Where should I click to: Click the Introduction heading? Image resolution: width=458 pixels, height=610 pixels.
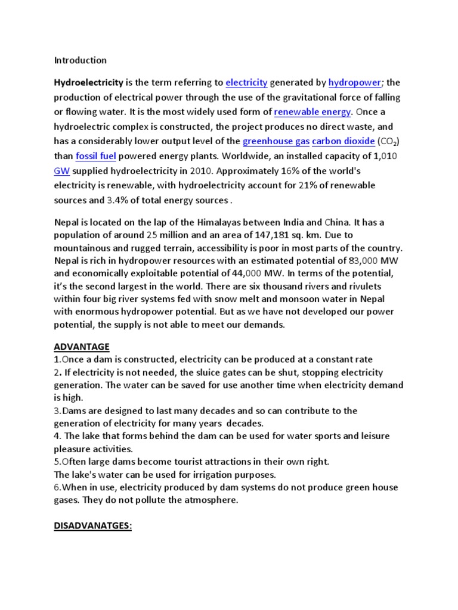pos(81,60)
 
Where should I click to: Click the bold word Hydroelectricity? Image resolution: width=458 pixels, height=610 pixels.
pos(88,82)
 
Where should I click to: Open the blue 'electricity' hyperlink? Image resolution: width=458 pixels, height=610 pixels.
pos(246,82)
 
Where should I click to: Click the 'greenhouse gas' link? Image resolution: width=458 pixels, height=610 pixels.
pos(275,141)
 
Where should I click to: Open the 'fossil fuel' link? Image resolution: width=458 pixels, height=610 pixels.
pos(95,156)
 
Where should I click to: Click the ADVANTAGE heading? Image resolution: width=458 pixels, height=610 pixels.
pos(82,346)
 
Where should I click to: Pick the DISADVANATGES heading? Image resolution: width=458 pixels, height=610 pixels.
pos(92,527)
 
